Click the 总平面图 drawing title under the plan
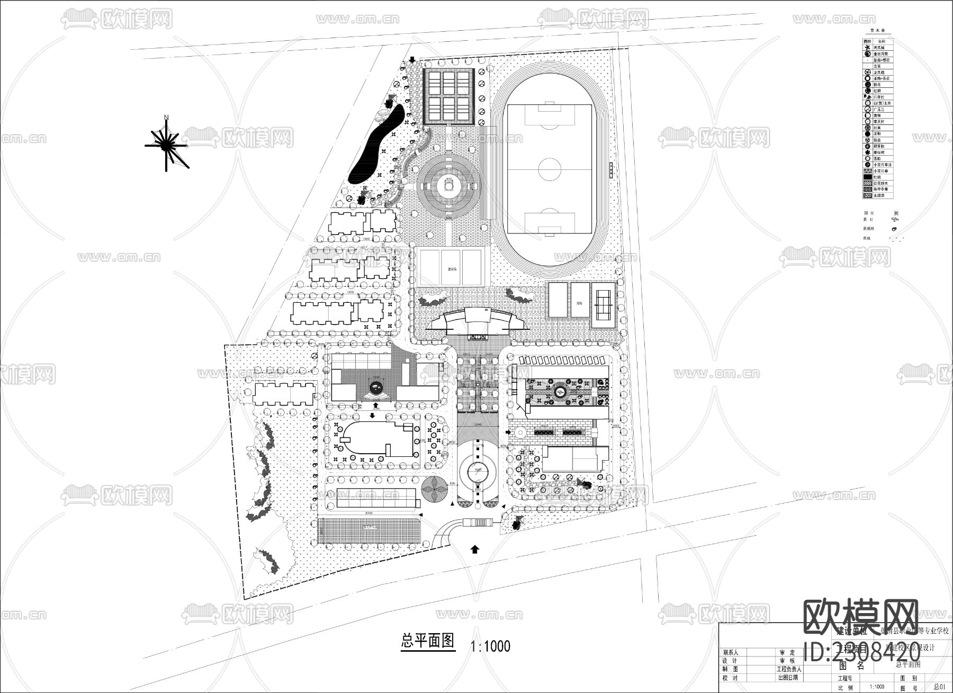click(428, 642)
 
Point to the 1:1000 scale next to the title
click(490, 646)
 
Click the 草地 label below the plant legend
click(866, 238)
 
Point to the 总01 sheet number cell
click(939, 687)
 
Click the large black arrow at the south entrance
click(475, 549)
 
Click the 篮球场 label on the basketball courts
click(452, 268)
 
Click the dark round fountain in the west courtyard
click(375, 388)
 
